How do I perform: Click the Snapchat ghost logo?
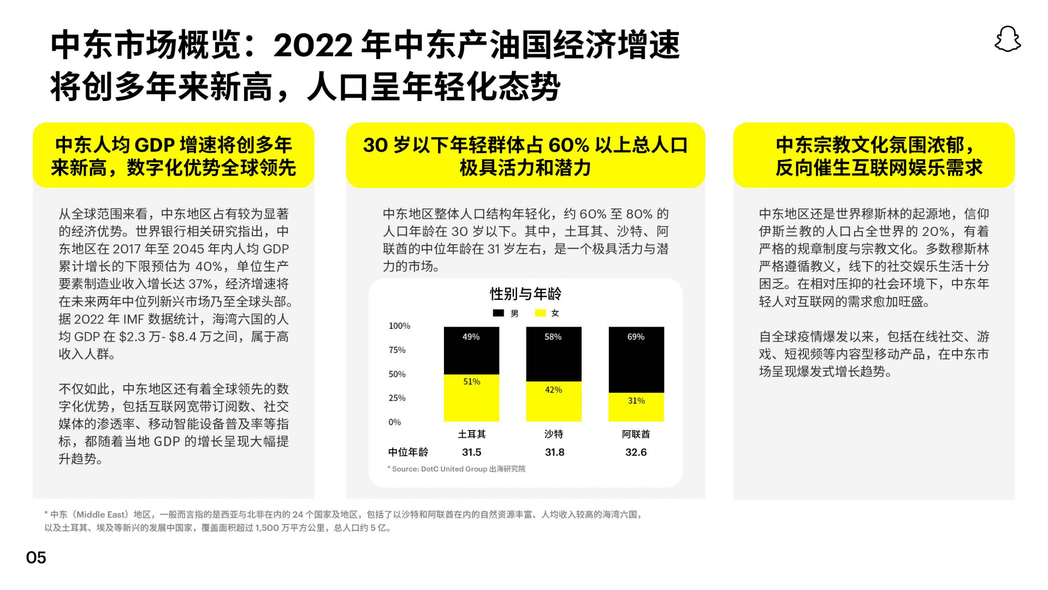click(1008, 39)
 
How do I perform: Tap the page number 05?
click(36, 557)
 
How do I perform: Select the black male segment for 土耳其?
click(471, 351)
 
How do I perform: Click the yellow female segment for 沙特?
click(553, 402)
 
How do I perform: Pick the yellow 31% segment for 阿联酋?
click(636, 407)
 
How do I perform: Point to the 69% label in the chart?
click(636, 337)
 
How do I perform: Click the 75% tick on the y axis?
click(397, 350)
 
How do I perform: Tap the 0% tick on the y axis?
click(394, 422)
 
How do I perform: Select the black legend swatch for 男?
click(498, 313)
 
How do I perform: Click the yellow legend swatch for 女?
click(540, 313)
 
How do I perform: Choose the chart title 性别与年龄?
click(525, 294)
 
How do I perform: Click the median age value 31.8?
click(554, 452)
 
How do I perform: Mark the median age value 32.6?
click(636, 452)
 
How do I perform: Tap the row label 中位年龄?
click(408, 452)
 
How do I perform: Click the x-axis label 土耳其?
click(471, 434)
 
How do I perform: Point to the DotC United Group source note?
click(457, 469)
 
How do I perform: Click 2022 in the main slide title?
click(313, 46)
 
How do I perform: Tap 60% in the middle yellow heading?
click(569, 145)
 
